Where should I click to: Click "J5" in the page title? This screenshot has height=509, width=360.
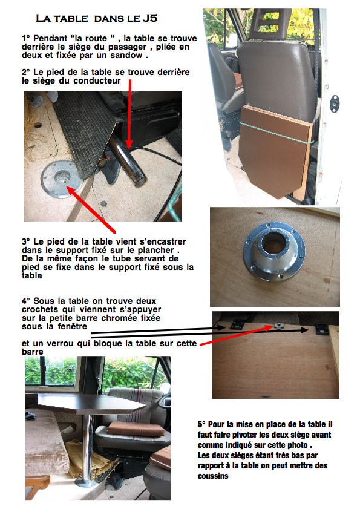(x=150, y=18)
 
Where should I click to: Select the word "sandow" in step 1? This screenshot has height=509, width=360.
(x=126, y=55)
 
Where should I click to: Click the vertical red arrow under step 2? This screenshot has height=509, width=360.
(x=129, y=114)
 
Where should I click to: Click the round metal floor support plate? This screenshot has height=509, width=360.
(x=62, y=179)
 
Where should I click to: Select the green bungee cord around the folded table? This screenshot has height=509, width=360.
(x=276, y=133)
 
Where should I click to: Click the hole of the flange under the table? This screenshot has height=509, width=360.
(x=273, y=244)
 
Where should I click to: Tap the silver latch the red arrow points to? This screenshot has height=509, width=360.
(x=278, y=325)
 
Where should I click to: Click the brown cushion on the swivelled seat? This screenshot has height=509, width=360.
(x=136, y=429)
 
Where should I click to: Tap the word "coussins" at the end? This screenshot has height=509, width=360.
(x=213, y=476)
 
